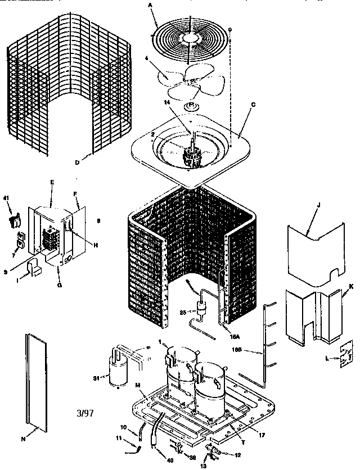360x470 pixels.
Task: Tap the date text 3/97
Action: (x=84, y=413)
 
